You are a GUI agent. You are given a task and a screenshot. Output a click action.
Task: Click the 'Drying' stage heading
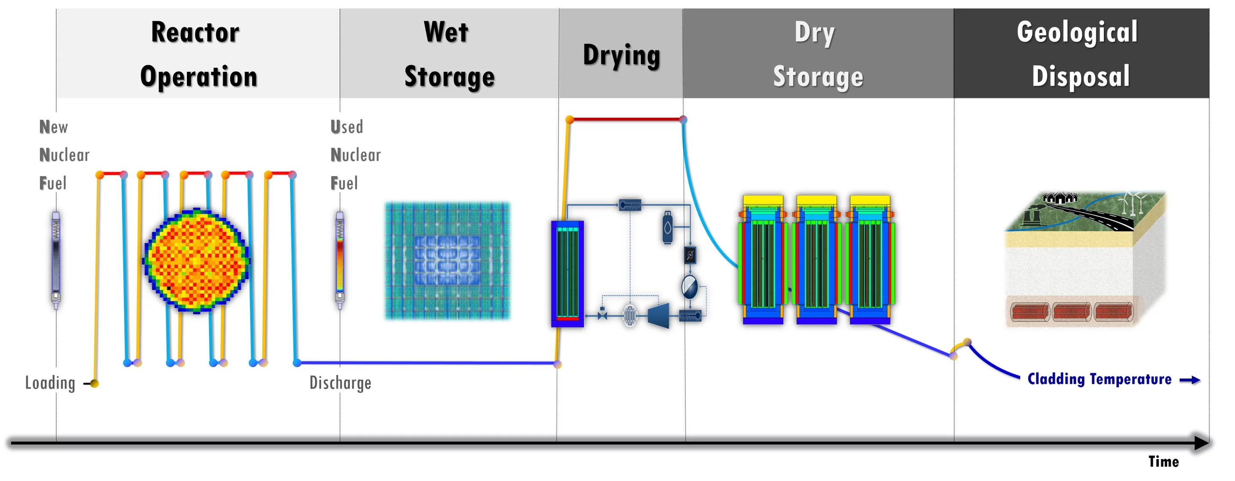pyautogui.click(x=621, y=55)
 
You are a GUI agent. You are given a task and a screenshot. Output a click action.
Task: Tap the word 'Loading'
pyautogui.click(x=50, y=383)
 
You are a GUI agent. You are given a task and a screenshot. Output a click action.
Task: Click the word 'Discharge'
pyautogui.click(x=340, y=383)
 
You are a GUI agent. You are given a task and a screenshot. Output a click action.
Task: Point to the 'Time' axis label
pyautogui.click(x=1163, y=462)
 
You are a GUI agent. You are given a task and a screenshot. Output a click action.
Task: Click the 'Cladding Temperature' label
pyautogui.click(x=1099, y=379)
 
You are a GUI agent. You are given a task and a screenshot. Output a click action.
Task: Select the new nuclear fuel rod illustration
pyautogui.click(x=56, y=259)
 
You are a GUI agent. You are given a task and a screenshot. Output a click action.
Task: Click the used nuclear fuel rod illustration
pyautogui.click(x=340, y=259)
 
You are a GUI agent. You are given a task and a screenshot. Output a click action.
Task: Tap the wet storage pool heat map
pyautogui.click(x=447, y=261)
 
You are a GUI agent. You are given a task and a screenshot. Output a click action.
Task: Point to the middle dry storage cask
pyautogui.click(x=816, y=260)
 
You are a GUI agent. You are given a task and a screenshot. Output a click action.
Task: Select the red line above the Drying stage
pyautogui.click(x=626, y=119)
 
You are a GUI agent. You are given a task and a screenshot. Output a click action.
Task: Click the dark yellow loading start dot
pyautogui.click(x=94, y=384)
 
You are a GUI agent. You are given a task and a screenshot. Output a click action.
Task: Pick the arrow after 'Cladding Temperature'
pyautogui.click(x=1190, y=380)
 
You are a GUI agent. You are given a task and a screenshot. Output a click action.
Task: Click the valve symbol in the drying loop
pyautogui.click(x=602, y=315)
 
